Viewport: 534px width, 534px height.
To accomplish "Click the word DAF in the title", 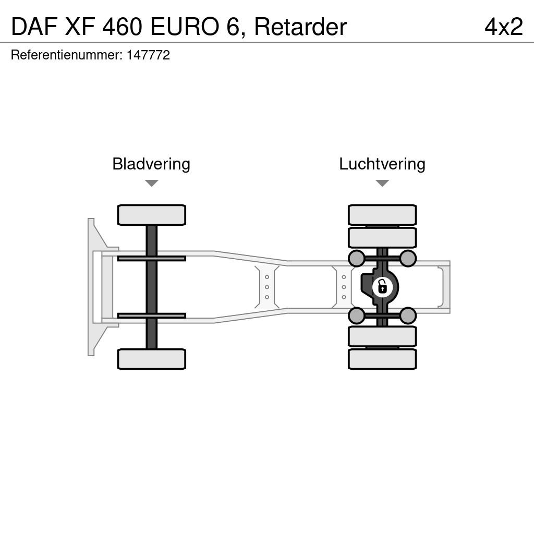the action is [34, 27].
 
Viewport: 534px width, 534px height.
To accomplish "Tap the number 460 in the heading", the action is [122, 27].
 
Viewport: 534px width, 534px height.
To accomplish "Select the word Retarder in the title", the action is [300, 27].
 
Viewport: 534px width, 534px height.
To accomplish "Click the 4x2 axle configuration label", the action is [504, 27].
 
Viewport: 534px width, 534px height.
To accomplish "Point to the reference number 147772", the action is [148, 55].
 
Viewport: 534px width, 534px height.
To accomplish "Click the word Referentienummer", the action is [67, 55].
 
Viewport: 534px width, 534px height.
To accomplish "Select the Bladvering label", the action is [151, 164].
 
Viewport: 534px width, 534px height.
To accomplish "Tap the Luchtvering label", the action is [382, 164].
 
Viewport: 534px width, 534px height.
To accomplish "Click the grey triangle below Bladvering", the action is [152, 183].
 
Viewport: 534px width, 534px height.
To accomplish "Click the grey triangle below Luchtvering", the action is [382, 183].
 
